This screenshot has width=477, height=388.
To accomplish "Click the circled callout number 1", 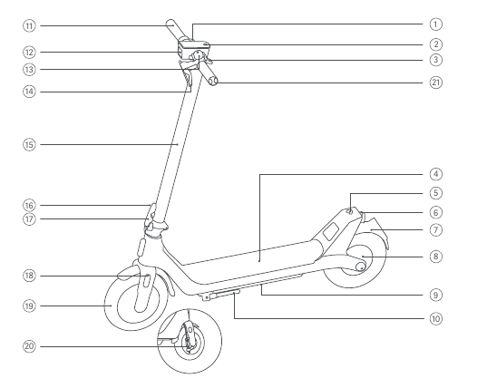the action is pyautogui.click(x=435, y=24).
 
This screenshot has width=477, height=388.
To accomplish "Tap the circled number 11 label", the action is pyautogui.click(x=29, y=26).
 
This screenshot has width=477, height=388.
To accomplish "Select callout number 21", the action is pyautogui.click(x=435, y=82).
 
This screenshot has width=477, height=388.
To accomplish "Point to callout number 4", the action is pyautogui.click(x=435, y=174).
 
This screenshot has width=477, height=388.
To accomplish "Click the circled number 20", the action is pyautogui.click(x=29, y=346).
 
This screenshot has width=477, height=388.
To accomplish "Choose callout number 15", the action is pyautogui.click(x=29, y=144).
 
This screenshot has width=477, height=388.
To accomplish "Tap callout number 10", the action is pyautogui.click(x=435, y=319).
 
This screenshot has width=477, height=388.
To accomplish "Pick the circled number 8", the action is pyautogui.click(x=435, y=257).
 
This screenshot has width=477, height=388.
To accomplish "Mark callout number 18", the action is pyautogui.click(x=29, y=276).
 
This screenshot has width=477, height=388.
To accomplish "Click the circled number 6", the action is pyautogui.click(x=435, y=212).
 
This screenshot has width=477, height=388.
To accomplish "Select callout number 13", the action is pyautogui.click(x=29, y=69).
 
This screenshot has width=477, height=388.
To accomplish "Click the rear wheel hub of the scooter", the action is pyautogui.click(x=361, y=267).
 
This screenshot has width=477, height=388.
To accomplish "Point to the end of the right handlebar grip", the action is pyautogui.click(x=214, y=82).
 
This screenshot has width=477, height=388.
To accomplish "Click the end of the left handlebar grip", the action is pyautogui.click(x=170, y=24).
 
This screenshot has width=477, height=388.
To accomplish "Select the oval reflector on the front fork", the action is pyautogui.click(x=146, y=281).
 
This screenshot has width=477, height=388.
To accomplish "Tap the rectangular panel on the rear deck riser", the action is pyautogui.click(x=331, y=231).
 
